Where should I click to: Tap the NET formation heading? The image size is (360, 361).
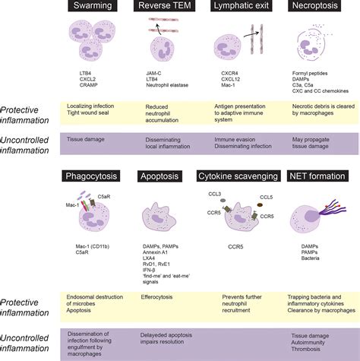(318, 176)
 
